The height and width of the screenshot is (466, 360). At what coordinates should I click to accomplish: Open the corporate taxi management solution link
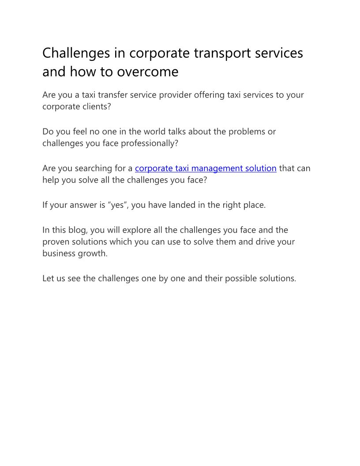pyautogui.click(x=206, y=168)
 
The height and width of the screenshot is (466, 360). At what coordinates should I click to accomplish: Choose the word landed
pyautogui.click(x=189, y=205)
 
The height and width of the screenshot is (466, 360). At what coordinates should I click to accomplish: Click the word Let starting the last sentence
pyautogui.click(x=48, y=278)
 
